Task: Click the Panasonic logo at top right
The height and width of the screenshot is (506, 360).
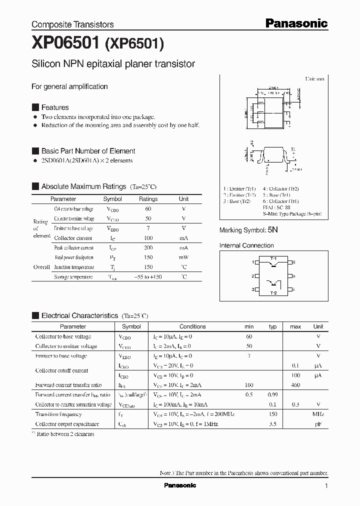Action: click(x=296, y=23)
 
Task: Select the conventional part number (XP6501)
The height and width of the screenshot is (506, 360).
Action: click(x=134, y=45)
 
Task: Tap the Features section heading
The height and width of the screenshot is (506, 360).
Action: click(x=54, y=107)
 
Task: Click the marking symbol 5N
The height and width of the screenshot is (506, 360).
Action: click(x=272, y=230)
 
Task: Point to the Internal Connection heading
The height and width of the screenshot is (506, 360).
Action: click(x=246, y=245)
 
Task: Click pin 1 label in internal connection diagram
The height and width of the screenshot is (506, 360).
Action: click(x=253, y=262)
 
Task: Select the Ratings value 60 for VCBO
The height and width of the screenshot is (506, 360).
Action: click(x=148, y=209)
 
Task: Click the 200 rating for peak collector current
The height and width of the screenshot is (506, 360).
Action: click(x=148, y=248)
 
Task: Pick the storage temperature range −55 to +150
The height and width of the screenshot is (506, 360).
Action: click(x=148, y=277)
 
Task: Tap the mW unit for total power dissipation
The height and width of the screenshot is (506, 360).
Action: click(x=183, y=257)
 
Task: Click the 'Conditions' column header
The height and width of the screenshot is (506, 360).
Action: click(x=192, y=326)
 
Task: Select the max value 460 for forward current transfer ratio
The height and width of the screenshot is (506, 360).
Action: click(x=295, y=385)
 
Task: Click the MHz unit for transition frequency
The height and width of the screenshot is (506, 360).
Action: click(x=318, y=414)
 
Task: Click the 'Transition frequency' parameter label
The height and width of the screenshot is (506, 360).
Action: click(x=58, y=414)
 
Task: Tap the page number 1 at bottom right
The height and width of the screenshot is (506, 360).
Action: click(x=326, y=486)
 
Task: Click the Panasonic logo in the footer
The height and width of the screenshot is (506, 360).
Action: click(x=180, y=485)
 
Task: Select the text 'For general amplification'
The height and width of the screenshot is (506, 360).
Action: click(x=69, y=86)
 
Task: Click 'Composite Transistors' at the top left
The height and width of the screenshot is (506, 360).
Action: click(x=72, y=24)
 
